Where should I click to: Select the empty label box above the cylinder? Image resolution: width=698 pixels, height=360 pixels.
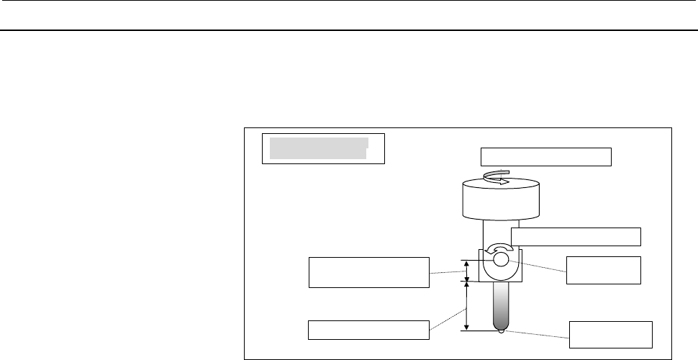coord(545,156)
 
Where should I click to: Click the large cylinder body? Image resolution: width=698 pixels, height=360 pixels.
coord(500,201)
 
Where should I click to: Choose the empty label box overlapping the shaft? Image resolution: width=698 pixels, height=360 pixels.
coord(576,236)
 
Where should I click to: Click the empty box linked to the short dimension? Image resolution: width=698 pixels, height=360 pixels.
coord(368,271)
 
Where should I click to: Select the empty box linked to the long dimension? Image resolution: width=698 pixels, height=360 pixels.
coord(368,330)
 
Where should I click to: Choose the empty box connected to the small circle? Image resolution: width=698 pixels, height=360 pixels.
coord(603,269)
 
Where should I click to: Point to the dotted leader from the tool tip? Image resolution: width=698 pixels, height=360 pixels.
coord(536,333)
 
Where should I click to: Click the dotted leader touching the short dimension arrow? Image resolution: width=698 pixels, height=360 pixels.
coord(448,272)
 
